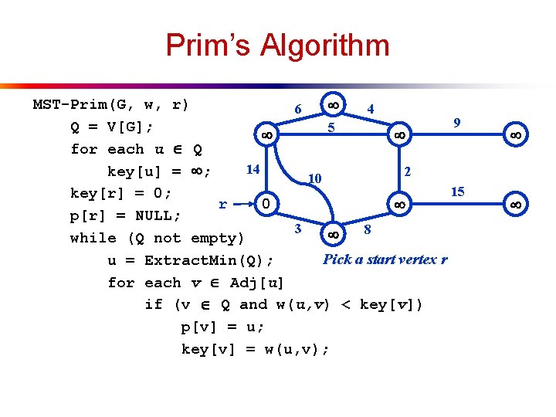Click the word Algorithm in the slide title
pos(324,46)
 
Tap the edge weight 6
pos(298,110)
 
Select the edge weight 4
pos(371,110)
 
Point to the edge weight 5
pos(331,127)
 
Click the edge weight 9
pos(457,123)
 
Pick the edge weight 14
pos(252,169)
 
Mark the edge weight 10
pos(314,179)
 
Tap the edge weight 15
pos(457,192)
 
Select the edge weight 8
pos(368,229)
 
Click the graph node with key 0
pos(265,204)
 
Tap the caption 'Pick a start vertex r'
pos(385,259)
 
